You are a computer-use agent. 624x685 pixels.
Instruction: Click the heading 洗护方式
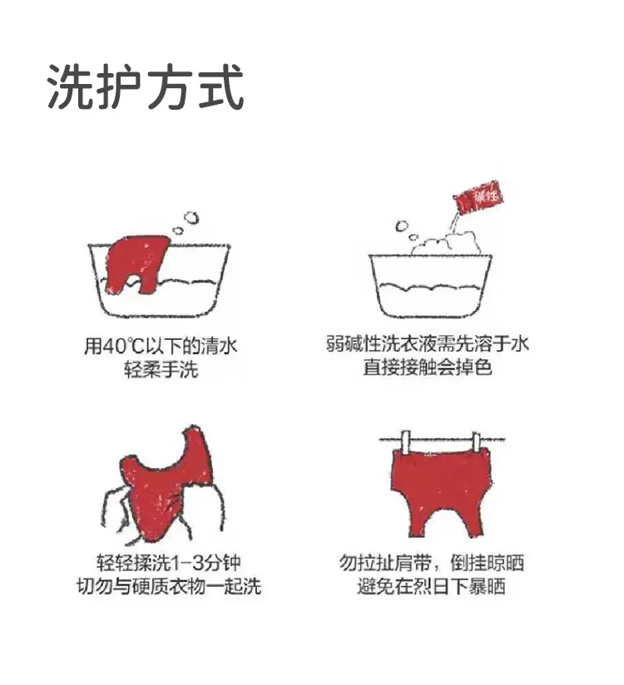pos(146,86)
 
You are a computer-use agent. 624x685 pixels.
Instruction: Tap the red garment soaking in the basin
pos(138,263)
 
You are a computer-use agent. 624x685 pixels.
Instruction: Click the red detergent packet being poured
pos(478,198)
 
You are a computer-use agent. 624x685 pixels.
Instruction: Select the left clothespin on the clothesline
pos(405,441)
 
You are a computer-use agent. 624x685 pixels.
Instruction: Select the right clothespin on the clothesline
pos(476,441)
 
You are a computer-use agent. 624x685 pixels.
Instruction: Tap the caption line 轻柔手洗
pos(161,370)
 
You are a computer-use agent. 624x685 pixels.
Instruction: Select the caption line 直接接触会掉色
pos(427,367)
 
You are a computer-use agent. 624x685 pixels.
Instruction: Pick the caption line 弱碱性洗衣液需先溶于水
pos(427,344)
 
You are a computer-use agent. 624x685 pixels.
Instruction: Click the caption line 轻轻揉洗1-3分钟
pos(168,562)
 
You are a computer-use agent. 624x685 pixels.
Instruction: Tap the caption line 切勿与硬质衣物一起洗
pos(168,586)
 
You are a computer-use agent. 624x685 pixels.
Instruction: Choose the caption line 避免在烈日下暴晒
pos(431,586)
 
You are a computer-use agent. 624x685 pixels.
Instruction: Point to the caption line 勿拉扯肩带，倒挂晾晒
pos(431,562)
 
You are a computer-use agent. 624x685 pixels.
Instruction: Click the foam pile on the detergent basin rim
pos(445,244)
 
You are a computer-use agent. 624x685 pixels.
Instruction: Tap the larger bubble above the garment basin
pos(191,218)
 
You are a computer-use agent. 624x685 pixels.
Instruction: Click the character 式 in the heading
pos(221,86)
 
